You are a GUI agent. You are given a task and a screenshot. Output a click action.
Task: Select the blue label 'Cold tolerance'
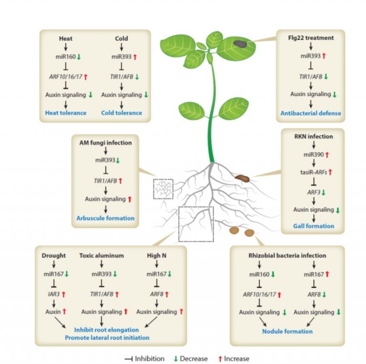click(x=122, y=113)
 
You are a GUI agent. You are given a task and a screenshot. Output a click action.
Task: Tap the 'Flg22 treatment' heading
click(x=311, y=38)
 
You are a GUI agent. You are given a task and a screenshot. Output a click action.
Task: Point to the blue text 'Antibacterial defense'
click(x=311, y=113)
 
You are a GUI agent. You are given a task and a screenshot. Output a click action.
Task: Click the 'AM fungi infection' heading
click(x=105, y=142)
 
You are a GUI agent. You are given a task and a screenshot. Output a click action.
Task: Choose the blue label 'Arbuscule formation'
click(x=105, y=218)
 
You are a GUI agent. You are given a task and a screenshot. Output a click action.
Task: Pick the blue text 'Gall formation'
click(x=314, y=226)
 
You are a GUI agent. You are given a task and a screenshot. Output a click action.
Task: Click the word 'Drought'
click(x=53, y=255)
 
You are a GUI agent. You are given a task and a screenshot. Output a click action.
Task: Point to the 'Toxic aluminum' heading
click(x=101, y=255)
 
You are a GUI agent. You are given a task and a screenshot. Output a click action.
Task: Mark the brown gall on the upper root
click(x=241, y=178)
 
